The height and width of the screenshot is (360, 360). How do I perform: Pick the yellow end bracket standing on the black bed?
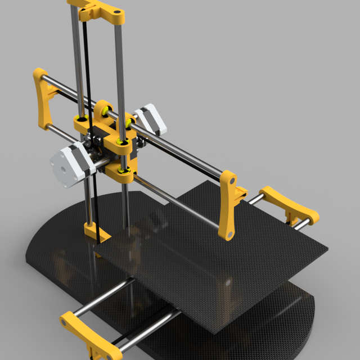[228, 205]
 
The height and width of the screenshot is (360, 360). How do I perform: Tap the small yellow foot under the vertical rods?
[96, 232]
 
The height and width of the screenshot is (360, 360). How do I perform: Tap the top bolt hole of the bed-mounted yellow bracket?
[231, 181]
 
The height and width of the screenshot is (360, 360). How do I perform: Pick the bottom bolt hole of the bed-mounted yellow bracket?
[229, 231]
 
